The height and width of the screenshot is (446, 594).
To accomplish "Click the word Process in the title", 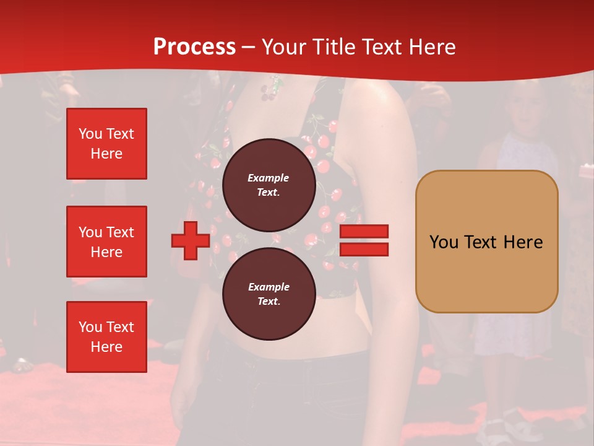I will click(194, 46).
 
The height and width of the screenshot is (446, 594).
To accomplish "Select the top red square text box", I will click(106, 144).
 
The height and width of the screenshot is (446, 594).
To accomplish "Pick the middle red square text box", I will click(106, 242).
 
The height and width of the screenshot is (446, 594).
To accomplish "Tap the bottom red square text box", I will click(106, 336).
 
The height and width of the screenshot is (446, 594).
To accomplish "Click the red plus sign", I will click(191, 240).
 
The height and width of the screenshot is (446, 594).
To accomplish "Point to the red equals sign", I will click(364, 240).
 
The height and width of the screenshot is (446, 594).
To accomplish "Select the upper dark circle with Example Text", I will click(269, 185).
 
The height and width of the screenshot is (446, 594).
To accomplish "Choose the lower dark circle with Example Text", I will click(269, 294).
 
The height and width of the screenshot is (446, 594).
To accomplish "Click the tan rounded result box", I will click(486, 242).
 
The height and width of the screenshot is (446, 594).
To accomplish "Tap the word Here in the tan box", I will click(523, 242).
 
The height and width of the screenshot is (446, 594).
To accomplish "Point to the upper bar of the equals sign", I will click(364, 232).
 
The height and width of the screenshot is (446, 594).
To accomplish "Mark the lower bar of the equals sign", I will click(364, 249).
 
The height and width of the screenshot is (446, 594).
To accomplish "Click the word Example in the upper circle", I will click(269, 178).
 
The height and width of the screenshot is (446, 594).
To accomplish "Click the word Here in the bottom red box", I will click(106, 347).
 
